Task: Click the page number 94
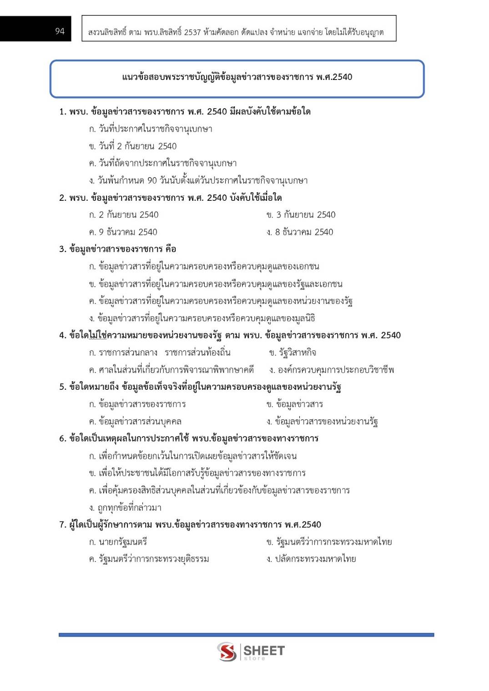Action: click(x=60, y=31)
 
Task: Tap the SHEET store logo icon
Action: click(x=227, y=651)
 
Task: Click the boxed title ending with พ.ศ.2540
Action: click(x=237, y=77)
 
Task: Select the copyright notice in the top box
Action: click(x=236, y=32)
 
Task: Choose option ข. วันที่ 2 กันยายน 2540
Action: click(x=133, y=146)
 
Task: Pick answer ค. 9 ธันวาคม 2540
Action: click(x=123, y=232)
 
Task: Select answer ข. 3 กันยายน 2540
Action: click(x=301, y=215)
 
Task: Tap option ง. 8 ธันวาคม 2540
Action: click(x=300, y=232)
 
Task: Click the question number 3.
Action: click(x=63, y=249)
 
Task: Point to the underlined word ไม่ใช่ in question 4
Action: click(x=97, y=335)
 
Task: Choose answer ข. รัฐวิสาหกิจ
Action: click(x=292, y=353)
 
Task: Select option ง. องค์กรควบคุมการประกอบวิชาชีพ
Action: click(x=332, y=370)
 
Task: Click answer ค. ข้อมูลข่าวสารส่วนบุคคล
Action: click(x=136, y=422)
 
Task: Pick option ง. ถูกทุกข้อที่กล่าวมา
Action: click(x=126, y=507)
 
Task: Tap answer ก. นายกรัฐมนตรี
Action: click(x=118, y=542)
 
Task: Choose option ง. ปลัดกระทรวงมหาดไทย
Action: click(x=312, y=559)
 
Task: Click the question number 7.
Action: click(x=63, y=525)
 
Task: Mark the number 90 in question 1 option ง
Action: click(x=152, y=181)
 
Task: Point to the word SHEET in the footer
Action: click(x=264, y=650)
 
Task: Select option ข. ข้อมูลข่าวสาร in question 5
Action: click(x=295, y=404)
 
